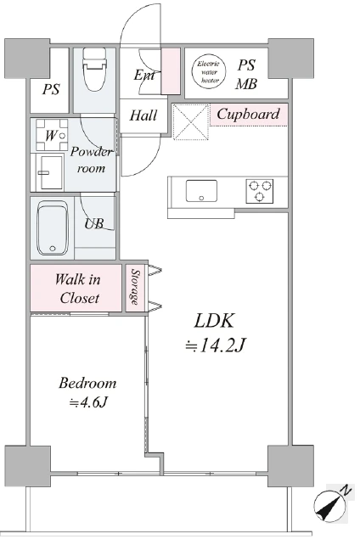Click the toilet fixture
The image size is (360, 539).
[x=94, y=69]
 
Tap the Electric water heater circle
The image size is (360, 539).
[x=210, y=71]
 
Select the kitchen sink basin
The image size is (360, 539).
[x=201, y=191]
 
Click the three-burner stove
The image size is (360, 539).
[x=260, y=191]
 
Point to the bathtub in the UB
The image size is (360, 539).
[x=53, y=227]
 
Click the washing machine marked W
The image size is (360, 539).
[x=52, y=135]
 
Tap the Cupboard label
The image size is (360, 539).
[x=248, y=114]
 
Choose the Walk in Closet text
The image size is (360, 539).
[x=78, y=289]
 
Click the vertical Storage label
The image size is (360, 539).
[x=135, y=287]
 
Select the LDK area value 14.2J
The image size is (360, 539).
[x=216, y=345]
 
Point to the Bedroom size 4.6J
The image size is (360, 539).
[x=88, y=401]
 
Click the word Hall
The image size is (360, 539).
[x=143, y=115]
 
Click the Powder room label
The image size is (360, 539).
[x=91, y=160]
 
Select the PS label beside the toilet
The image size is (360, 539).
[x=51, y=89]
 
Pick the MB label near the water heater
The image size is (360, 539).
[x=246, y=84]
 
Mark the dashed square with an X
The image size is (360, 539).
[x=191, y=122]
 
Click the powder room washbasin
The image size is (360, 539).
[x=52, y=172]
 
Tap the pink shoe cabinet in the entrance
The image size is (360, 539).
[x=171, y=71]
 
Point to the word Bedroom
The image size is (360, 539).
[x=87, y=384]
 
